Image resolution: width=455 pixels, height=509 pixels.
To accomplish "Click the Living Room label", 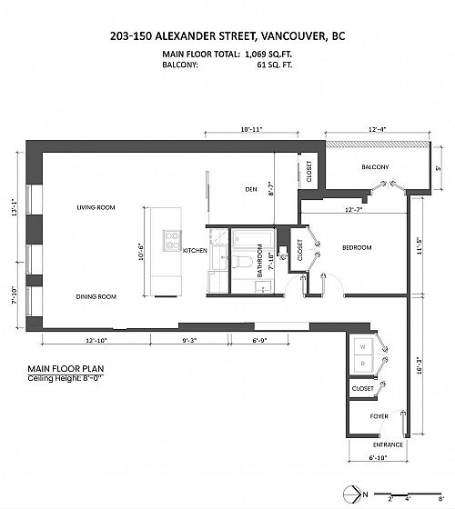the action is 96,207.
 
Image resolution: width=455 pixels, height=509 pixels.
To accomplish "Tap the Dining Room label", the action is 96,296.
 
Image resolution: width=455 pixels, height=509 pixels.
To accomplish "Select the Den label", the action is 251,189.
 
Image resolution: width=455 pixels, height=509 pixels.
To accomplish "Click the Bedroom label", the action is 357,247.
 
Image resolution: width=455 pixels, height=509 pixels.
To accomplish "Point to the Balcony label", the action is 375,167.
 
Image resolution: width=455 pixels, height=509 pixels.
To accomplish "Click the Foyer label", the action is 379,416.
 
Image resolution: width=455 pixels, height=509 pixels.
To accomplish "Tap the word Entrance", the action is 388,444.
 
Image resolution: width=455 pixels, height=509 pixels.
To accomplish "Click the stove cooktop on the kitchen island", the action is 172,241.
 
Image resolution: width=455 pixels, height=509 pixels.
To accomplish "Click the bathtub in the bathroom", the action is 254,240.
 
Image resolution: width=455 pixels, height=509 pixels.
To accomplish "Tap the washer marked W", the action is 363,346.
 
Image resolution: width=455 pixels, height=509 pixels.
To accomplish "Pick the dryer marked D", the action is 363,364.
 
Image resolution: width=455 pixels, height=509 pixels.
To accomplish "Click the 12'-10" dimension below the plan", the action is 96,341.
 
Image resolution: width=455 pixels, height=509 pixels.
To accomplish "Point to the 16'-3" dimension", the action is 420,365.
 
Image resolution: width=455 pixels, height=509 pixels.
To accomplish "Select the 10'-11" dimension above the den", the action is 251,129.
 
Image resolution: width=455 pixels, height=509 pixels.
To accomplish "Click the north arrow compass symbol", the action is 352,494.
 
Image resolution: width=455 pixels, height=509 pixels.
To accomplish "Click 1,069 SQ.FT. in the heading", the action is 268,55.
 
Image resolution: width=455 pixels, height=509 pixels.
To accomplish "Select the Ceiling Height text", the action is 66,378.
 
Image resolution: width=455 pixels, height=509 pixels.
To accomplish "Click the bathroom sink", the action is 263,286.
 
